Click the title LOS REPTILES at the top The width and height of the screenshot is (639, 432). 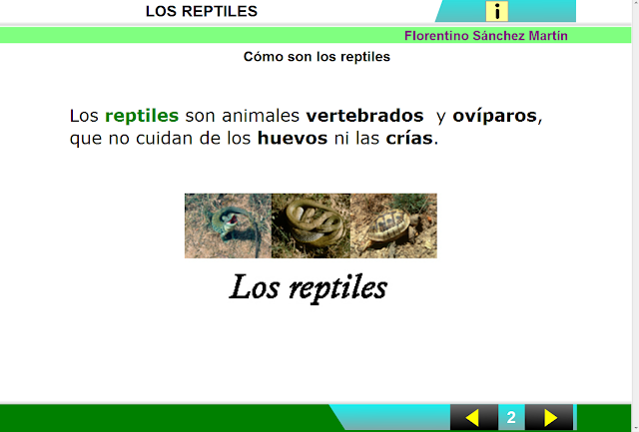202,12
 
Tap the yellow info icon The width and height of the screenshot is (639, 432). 497,12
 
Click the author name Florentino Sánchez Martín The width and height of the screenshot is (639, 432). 486,36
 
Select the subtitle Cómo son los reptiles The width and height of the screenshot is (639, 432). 317,57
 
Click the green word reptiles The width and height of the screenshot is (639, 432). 142,116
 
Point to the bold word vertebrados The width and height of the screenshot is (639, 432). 364,116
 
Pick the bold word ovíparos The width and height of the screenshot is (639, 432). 494,116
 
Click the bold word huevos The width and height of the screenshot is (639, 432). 292,139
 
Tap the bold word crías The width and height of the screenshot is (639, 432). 409,139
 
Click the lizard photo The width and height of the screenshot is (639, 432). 228,225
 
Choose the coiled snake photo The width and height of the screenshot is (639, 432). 311,225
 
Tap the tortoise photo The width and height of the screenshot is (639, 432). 393,225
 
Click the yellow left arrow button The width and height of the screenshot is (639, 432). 473,417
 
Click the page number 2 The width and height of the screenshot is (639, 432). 511,417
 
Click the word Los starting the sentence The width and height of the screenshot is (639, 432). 84,116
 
